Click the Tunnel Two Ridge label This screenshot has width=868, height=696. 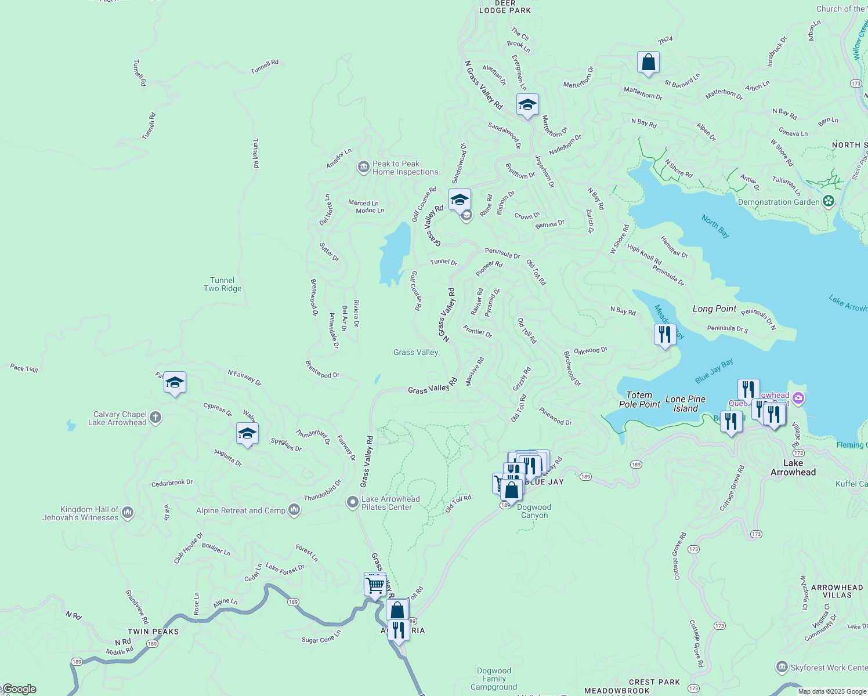tap(222, 284)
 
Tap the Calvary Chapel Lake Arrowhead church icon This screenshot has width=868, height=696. tap(155, 417)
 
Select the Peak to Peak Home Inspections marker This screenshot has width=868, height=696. tap(363, 168)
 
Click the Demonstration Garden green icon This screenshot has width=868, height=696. tap(829, 201)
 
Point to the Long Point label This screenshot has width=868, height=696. tap(714, 309)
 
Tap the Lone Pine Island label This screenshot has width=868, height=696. tap(685, 404)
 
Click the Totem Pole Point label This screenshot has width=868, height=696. tap(639, 400)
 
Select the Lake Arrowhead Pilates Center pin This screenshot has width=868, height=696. tap(352, 502)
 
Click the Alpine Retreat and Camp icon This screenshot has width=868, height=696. tap(294, 510)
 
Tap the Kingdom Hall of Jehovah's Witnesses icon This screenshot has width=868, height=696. tap(128, 513)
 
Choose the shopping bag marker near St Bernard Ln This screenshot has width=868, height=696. tap(648, 62)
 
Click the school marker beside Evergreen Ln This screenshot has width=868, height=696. tap(527, 105)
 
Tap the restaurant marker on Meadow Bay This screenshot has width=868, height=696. tap(664, 334)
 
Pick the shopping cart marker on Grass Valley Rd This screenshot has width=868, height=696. tap(375, 585)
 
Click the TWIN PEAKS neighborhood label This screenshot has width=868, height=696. tap(153, 632)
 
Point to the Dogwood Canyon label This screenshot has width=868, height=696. tap(534, 511)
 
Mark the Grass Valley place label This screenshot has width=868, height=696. tap(415, 352)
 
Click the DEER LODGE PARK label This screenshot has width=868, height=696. tap(505, 7)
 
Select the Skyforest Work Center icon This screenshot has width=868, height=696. tap(782, 667)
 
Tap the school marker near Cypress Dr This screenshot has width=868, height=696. tap(175, 382)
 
